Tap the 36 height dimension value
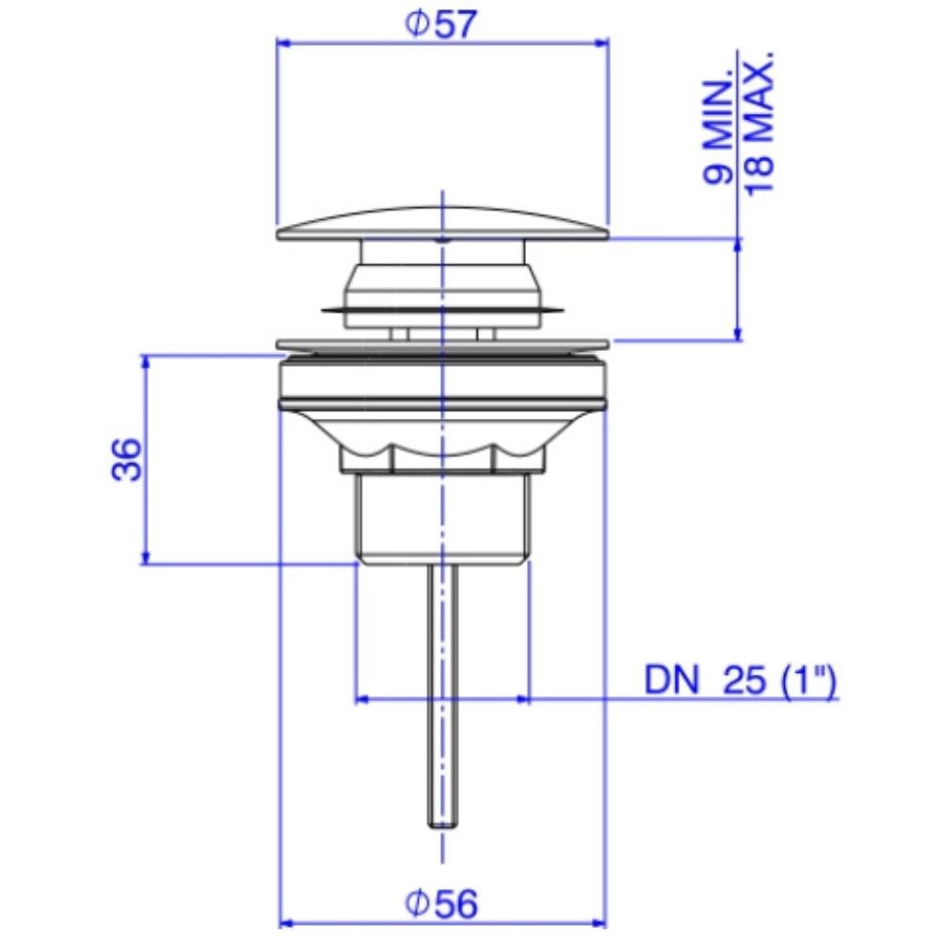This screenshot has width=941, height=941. coord(127,459)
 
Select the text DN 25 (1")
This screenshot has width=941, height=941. coord(740,679)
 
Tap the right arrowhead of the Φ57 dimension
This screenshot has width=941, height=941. coord(601,41)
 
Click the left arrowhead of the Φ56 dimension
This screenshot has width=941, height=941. coord(286,921)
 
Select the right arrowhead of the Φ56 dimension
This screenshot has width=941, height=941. coord(599,921)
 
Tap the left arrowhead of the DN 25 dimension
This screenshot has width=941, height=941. coord(361,700)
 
